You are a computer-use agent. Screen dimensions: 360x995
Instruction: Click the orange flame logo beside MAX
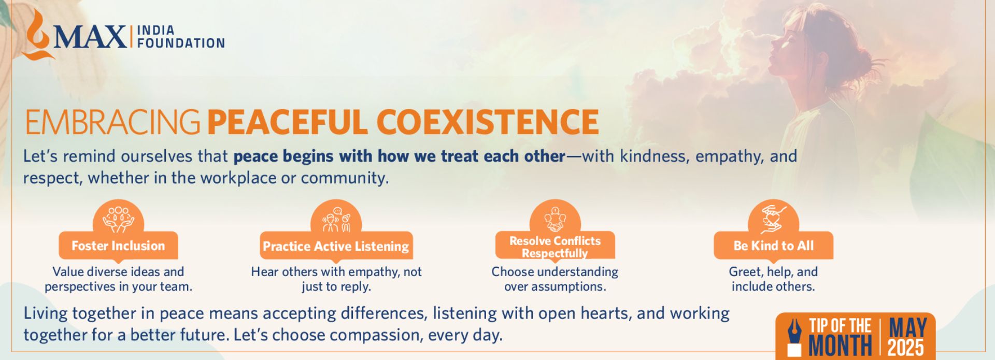(x=37, y=35)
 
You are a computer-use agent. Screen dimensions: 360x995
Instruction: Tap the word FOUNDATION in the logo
(x=181, y=43)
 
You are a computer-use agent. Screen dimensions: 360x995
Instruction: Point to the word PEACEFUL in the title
(x=288, y=122)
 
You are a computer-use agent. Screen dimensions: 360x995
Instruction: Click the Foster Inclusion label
(x=118, y=246)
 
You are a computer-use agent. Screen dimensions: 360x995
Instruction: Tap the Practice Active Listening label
(x=336, y=246)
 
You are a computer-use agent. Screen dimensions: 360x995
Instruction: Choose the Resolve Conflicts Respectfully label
(x=555, y=247)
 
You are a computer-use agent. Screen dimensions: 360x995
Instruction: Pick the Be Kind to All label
(x=773, y=246)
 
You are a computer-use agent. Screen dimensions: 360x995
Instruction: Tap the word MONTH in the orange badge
(x=840, y=346)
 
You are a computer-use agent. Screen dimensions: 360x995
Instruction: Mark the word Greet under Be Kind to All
(x=744, y=271)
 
